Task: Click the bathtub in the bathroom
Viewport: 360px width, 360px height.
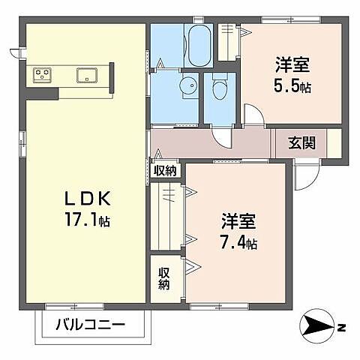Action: point(199,45)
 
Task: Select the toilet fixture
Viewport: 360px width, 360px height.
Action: point(219,90)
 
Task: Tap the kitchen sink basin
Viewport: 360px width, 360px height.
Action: point(87,74)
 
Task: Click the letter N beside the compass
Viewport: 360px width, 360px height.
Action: point(341,327)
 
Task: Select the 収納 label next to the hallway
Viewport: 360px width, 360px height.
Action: point(166,170)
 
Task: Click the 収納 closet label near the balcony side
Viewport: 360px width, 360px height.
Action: point(164,279)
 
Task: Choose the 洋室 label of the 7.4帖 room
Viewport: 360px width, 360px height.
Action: point(238,222)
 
